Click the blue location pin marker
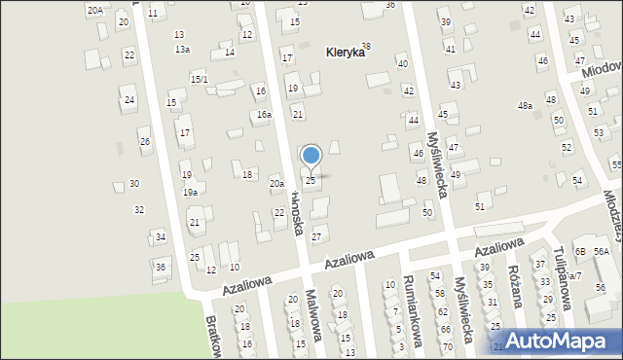point(311,157)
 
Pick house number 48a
point(525,106)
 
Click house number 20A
point(94,10)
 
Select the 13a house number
point(182,49)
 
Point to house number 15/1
point(199,79)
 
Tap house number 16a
point(264,115)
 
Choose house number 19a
point(191,193)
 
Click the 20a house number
point(276,183)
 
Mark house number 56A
point(602,251)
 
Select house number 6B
point(580,251)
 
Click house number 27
point(315,237)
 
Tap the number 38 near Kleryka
point(366,46)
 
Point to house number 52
point(567,147)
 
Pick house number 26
point(144,142)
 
